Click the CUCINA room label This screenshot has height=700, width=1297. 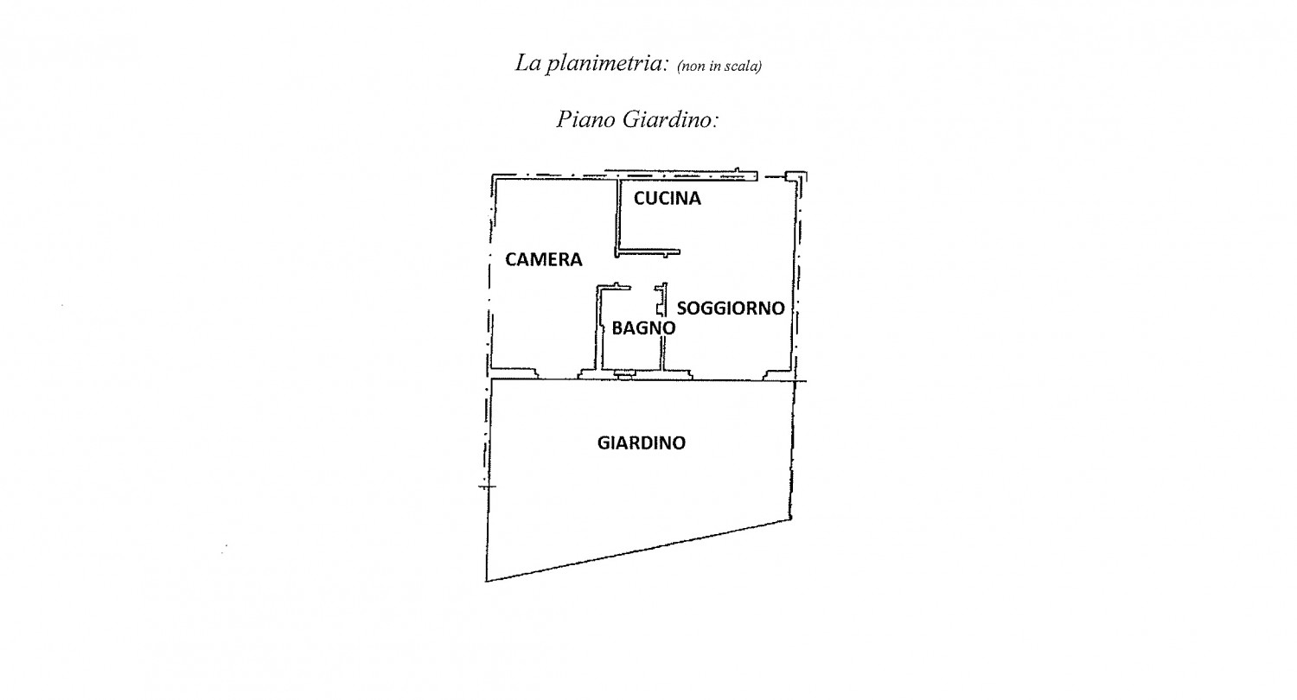(x=667, y=199)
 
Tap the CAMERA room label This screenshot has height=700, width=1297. (x=544, y=260)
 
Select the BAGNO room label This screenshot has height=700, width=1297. (x=643, y=328)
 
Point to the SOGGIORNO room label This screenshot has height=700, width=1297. (x=731, y=309)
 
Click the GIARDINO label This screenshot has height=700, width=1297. (x=642, y=443)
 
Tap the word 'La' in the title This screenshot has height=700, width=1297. (x=528, y=62)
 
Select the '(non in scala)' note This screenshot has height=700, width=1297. (x=719, y=67)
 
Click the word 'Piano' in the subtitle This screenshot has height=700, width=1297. (x=586, y=120)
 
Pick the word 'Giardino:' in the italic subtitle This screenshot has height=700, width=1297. (x=670, y=120)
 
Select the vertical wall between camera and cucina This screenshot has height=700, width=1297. (x=618, y=216)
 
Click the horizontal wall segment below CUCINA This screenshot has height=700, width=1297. (x=648, y=252)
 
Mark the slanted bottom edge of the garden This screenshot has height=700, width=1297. (x=638, y=550)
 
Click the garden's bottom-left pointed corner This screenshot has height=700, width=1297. (x=486, y=581)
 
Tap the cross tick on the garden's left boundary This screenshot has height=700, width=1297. (x=487, y=487)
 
